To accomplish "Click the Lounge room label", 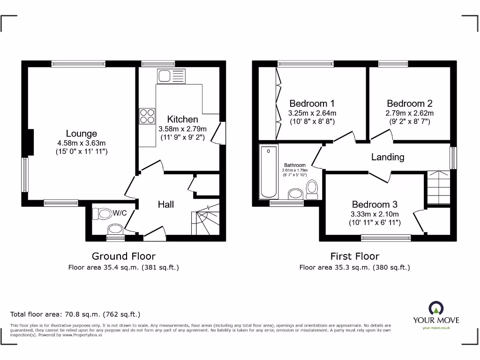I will point(81,134).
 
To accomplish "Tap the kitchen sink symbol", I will point(172,75).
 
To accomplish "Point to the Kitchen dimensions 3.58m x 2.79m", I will point(182,129).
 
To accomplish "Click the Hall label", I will point(165,204).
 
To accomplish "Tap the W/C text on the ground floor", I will point(120,213).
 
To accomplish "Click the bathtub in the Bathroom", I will point(269,172).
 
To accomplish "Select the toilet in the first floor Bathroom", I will point(312,188).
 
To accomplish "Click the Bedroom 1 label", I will point(312,104).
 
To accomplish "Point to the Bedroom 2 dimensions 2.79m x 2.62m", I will point(409,113).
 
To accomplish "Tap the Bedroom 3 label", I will point(375,204).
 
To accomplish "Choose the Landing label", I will point(387,157).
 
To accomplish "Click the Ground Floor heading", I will point(123,256).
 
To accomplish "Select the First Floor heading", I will point(355,256).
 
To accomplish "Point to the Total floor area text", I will point(75,315).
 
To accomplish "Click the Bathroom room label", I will point(295,165).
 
